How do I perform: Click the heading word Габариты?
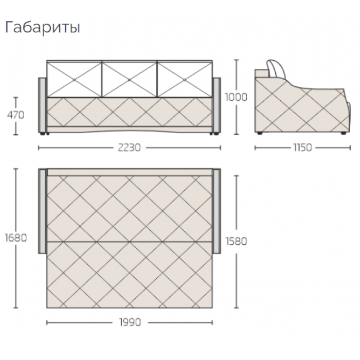(x=43, y=28)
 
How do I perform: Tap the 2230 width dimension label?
(x=129, y=148)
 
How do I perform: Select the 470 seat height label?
(x=15, y=115)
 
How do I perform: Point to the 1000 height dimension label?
(x=236, y=97)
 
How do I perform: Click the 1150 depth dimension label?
(x=302, y=148)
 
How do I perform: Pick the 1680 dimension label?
(x=16, y=238)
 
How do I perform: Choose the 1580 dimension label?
(x=236, y=241)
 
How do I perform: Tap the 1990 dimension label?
(x=130, y=322)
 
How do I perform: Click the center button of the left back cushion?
(x=74, y=80)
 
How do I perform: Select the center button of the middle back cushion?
(x=129, y=80)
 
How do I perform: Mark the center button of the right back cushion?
(x=185, y=80)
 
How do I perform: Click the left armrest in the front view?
(x=43, y=105)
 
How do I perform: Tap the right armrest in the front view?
(x=217, y=105)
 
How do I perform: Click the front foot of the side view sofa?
(x=344, y=133)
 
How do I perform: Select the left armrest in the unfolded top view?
(x=43, y=211)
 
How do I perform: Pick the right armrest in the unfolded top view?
(x=217, y=211)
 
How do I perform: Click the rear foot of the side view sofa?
(x=260, y=133)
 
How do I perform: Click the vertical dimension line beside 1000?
(x=237, y=97)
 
